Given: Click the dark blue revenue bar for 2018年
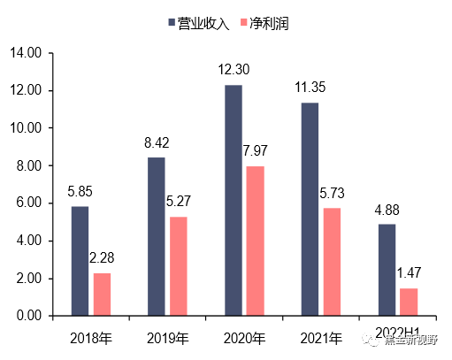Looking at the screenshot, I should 80,261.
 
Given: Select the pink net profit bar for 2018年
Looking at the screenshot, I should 103,294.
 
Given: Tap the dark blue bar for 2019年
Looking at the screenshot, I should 156,236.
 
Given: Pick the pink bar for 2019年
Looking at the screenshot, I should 179,265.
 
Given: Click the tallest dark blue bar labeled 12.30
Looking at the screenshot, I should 234,200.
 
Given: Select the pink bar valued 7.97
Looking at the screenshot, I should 255,241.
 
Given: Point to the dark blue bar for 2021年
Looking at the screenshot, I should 310,209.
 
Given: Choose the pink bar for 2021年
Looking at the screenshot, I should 332,262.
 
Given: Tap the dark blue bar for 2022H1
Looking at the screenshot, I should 387,270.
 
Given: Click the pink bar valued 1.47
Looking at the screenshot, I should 409,302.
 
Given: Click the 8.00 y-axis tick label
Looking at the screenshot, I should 27,165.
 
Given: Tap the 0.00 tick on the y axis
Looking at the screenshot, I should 27,316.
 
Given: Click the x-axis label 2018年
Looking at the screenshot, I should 90,338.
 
